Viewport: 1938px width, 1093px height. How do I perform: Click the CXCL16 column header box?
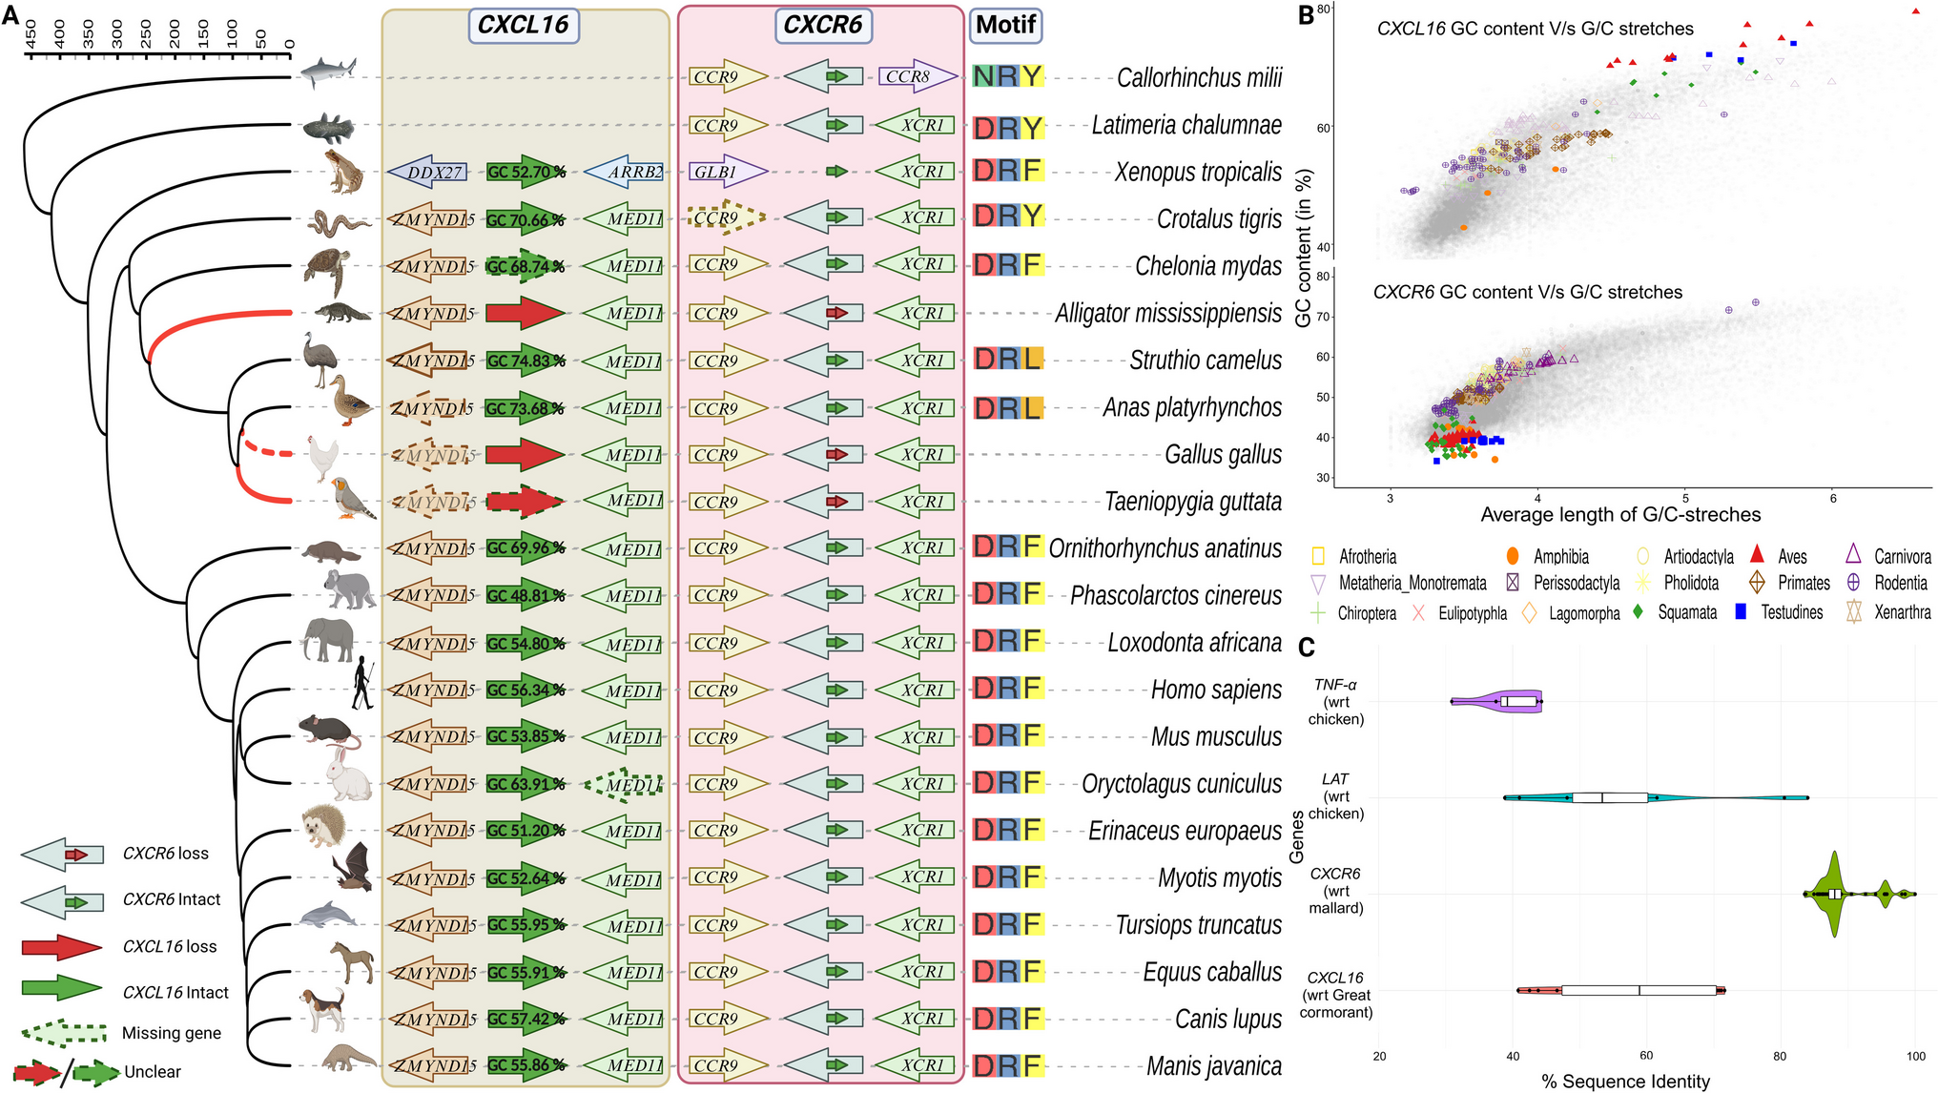coord(523,25)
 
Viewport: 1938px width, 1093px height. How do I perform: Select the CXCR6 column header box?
coord(822,25)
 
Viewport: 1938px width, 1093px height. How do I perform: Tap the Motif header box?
coord(1005,25)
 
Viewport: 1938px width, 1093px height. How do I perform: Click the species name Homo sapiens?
coord(1216,690)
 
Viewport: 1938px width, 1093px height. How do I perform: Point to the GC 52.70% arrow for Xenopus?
coord(526,172)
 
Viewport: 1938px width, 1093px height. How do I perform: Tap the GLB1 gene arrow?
coord(728,172)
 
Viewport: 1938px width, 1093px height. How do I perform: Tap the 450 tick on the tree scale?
coord(31,34)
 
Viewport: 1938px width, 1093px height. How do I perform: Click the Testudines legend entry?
coord(1791,612)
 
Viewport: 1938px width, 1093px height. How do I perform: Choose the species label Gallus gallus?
coord(1223,455)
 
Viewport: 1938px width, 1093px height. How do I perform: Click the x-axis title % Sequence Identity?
coord(1625,1082)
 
